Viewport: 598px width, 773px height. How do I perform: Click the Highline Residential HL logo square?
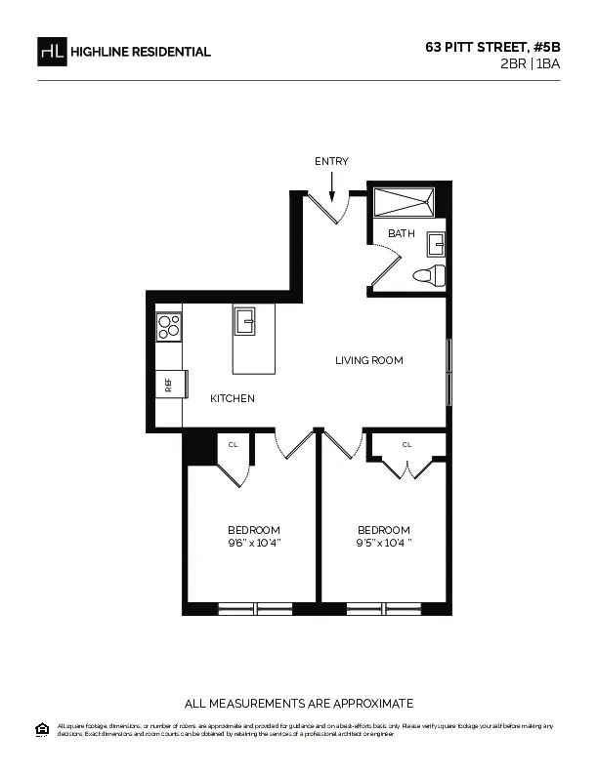(x=52, y=52)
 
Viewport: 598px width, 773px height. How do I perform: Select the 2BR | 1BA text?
(x=529, y=63)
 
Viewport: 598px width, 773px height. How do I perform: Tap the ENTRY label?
(x=331, y=161)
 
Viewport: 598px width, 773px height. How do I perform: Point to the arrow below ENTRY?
(x=332, y=185)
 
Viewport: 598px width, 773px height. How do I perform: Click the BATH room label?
(x=402, y=233)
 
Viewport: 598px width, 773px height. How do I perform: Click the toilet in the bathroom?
(x=430, y=274)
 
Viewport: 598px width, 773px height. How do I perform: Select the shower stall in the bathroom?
(x=406, y=202)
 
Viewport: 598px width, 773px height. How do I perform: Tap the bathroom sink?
(x=436, y=243)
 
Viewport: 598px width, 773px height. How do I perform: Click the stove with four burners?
(x=168, y=326)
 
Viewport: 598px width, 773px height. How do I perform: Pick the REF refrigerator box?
(x=168, y=384)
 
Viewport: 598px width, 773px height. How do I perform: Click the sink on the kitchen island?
(x=244, y=320)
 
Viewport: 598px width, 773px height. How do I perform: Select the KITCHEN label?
(x=233, y=398)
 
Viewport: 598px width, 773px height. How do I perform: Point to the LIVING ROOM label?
(x=369, y=360)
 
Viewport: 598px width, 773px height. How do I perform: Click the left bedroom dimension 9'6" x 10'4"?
(x=254, y=543)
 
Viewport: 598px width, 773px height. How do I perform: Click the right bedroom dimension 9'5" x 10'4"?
(x=384, y=543)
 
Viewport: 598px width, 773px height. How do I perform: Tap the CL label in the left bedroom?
(x=233, y=444)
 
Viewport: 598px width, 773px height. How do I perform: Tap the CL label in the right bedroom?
(x=406, y=444)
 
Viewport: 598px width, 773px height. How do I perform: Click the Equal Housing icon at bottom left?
(x=42, y=728)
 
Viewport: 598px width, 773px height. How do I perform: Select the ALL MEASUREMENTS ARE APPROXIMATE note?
(x=299, y=703)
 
